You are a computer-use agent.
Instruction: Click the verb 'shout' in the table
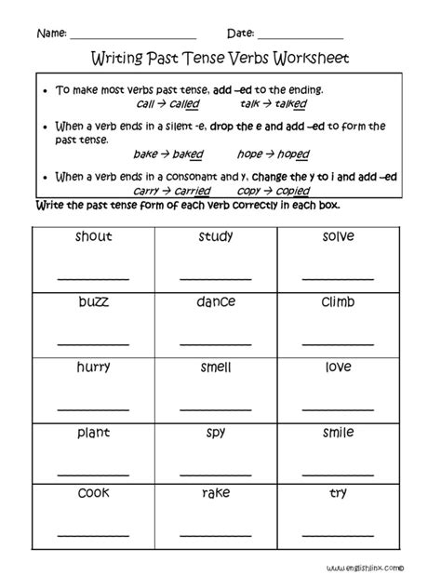94,236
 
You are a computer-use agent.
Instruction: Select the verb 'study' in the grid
216,236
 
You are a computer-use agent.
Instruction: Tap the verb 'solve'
340,236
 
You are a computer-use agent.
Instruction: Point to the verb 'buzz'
94,302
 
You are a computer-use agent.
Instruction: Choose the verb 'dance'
216,302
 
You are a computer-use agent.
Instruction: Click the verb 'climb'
340,302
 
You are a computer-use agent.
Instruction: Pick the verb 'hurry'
94,368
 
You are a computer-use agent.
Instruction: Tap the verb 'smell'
216,367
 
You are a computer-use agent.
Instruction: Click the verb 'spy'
216,434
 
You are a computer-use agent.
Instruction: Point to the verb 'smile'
340,434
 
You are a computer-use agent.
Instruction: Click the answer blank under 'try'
340,534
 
